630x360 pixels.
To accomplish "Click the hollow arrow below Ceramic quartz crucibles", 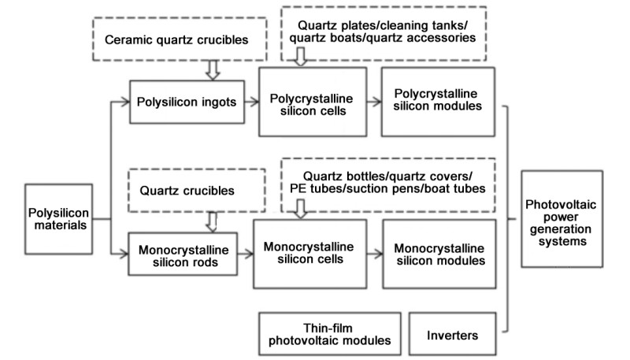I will [210, 72].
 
